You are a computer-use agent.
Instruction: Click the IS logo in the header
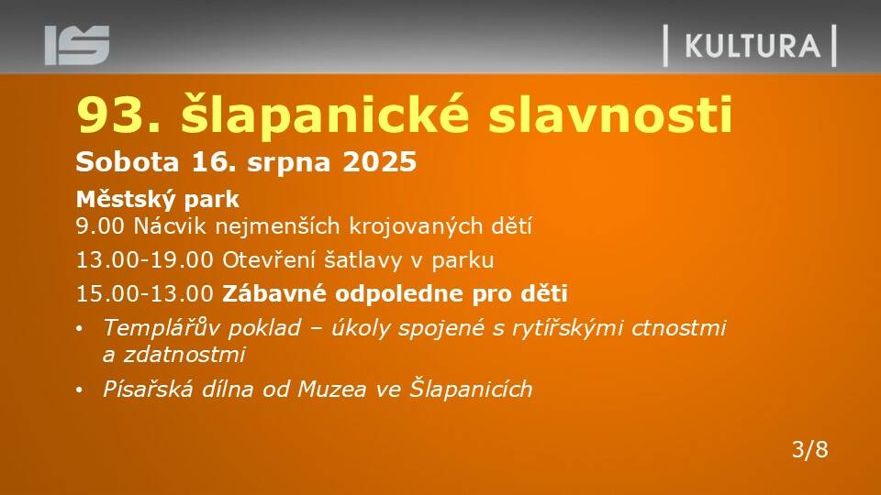click(77, 45)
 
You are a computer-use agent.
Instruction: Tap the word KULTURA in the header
click(753, 46)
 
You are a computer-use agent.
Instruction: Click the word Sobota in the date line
click(128, 162)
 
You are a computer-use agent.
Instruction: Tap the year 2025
click(379, 162)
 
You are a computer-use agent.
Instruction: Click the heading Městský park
click(158, 200)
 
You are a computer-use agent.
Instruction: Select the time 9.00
click(100, 226)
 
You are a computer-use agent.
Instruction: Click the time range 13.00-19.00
click(145, 259)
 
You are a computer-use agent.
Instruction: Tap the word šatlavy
click(363, 260)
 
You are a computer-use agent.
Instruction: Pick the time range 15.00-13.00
click(145, 293)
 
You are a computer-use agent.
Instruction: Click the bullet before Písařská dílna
click(80, 390)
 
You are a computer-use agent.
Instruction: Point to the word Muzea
click(331, 390)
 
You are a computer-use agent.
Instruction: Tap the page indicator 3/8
click(809, 449)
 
